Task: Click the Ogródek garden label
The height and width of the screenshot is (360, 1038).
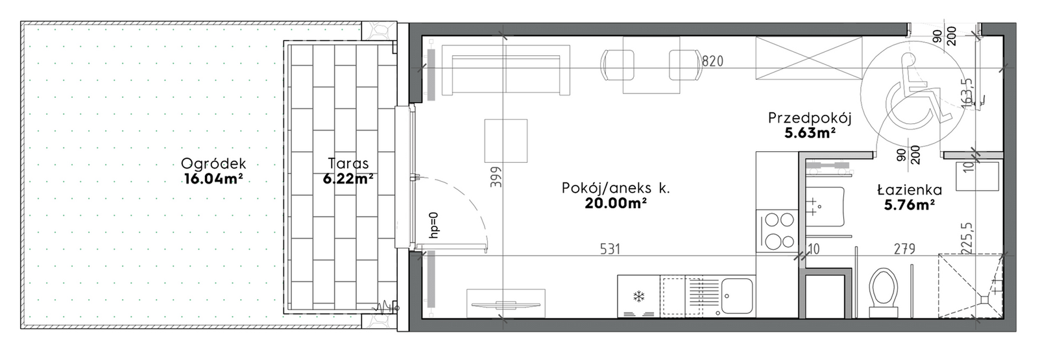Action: [x=213, y=163]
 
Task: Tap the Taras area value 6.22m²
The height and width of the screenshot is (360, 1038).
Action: [x=348, y=178]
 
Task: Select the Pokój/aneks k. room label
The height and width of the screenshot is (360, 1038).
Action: [x=616, y=188]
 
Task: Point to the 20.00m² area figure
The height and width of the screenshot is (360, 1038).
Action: [x=616, y=203]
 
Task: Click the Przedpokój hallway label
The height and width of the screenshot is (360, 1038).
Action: [x=810, y=118]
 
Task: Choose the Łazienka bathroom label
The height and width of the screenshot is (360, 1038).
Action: [x=909, y=190]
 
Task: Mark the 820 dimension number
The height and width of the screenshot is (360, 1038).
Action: [x=712, y=61]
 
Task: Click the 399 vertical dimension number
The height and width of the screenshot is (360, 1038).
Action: [x=496, y=176]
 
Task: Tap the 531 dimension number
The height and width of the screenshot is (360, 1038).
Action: [x=610, y=249]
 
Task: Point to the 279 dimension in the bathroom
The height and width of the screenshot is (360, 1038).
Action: [x=904, y=249]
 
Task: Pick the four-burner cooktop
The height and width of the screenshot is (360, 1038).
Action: [x=777, y=231]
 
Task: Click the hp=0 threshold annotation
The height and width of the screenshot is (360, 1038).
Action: [x=434, y=226]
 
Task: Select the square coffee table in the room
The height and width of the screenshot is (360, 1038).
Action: [x=505, y=141]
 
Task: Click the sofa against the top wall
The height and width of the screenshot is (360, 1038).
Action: [x=505, y=71]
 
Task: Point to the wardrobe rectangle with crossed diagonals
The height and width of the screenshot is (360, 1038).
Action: [x=809, y=58]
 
